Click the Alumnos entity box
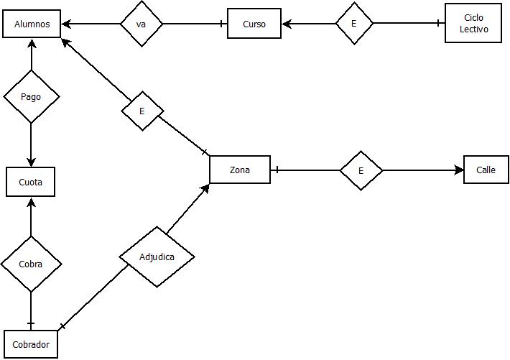point(32,24)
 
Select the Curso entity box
point(254,24)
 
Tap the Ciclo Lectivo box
point(473,24)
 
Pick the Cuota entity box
point(31,182)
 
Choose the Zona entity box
point(240,170)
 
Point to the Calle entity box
point(486,170)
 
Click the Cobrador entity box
point(31,344)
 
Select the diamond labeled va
point(142,24)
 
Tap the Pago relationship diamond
point(31,96)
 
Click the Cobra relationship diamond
point(31,264)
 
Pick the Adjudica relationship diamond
point(157,257)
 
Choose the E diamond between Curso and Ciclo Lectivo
point(354,24)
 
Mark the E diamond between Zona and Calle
point(361,170)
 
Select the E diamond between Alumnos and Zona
point(142,111)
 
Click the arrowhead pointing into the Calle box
point(460,170)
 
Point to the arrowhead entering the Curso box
point(287,24)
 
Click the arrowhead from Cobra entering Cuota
point(31,202)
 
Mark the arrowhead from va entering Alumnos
point(66,24)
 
